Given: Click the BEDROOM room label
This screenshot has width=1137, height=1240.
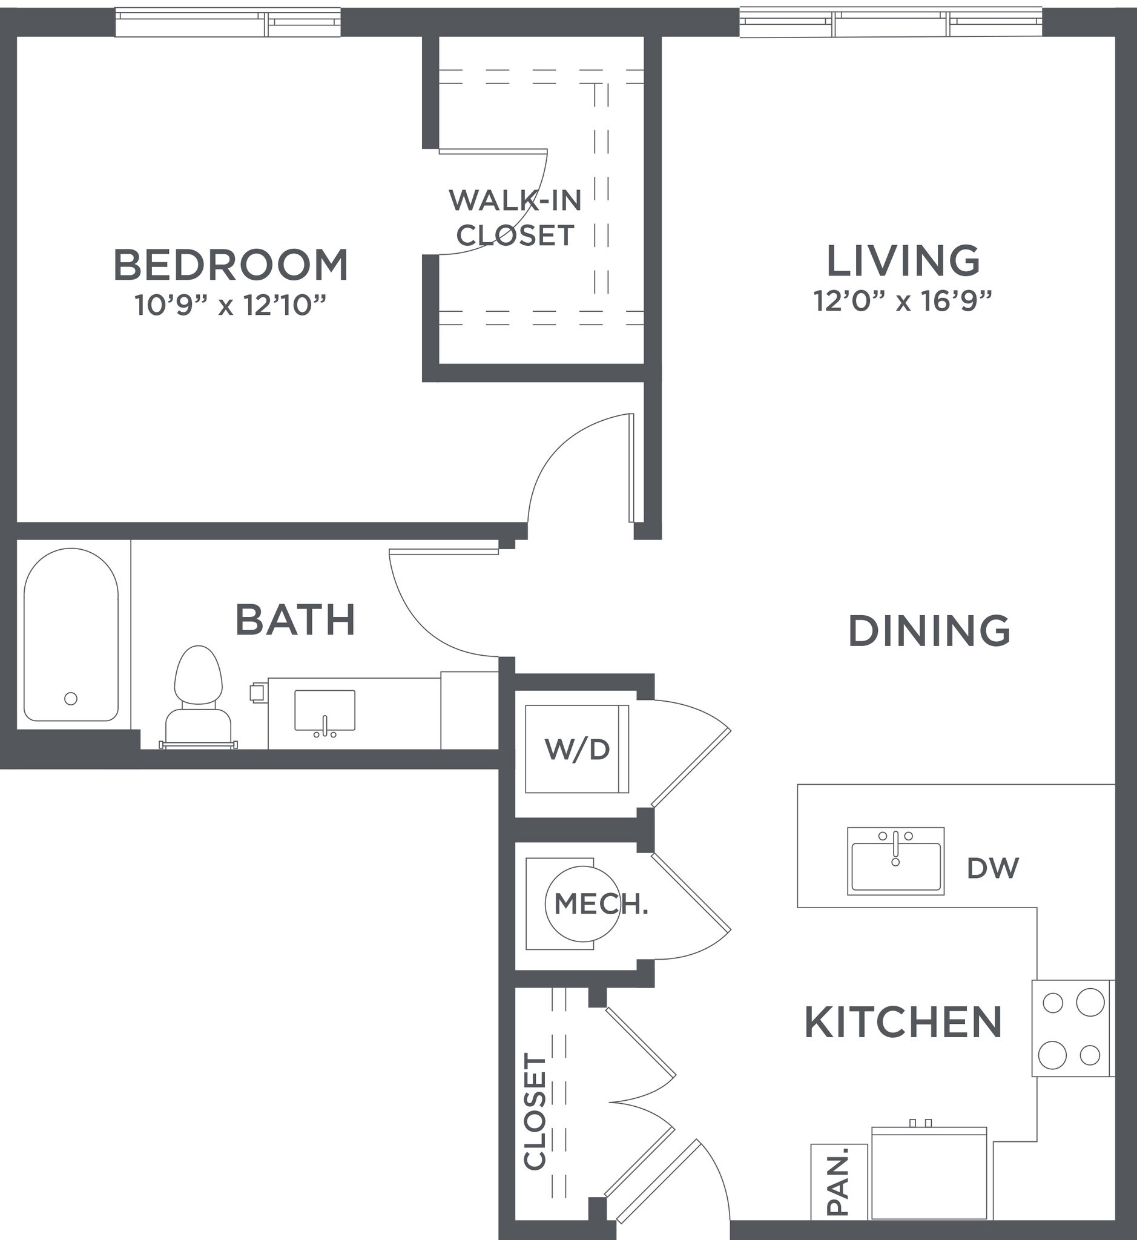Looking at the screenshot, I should pos(231,265).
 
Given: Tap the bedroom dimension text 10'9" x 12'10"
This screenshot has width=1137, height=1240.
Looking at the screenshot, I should pos(230,305).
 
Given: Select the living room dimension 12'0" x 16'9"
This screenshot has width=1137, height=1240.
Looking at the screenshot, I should pos(903,302).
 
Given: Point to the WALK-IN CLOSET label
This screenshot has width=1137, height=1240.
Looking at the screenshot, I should pos(516,218).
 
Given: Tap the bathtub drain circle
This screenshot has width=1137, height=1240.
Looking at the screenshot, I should pos(71,699).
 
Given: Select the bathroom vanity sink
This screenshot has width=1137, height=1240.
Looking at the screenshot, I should pos(325,711).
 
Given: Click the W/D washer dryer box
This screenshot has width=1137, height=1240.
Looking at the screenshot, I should pos(576,749).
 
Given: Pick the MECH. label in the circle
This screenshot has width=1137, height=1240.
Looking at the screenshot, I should pos(601,904).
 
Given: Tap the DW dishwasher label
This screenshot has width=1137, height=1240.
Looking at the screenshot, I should pos(992,868).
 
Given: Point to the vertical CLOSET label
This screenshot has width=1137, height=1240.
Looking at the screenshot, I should pos(535,1112).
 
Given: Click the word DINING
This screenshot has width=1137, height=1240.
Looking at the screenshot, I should pos(929,632).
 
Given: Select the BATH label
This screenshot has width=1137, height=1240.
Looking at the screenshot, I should pos(295,621).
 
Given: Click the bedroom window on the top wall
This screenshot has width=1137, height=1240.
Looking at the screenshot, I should pos(228,22).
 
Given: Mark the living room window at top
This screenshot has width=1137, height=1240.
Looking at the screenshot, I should pos(890,22).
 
